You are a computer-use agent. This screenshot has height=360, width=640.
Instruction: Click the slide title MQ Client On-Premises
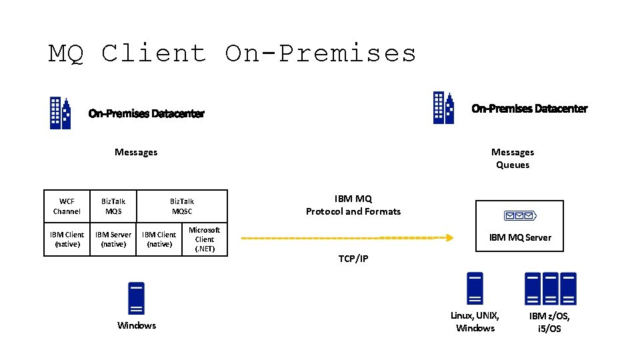pos(232,53)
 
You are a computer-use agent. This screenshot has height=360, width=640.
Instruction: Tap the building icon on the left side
pos(61,113)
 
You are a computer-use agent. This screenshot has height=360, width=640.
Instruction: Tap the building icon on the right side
pos(443,108)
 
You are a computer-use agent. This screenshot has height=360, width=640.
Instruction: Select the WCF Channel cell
pos(67,206)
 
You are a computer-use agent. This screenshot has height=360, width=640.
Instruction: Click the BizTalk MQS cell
pos(113,206)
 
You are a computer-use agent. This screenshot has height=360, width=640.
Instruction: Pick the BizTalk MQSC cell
pos(182,206)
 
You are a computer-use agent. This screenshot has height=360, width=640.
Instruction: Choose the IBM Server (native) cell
pos(113,239)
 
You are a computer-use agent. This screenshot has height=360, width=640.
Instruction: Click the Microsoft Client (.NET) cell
pos(204,239)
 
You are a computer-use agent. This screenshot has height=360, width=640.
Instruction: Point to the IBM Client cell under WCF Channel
pos(67,239)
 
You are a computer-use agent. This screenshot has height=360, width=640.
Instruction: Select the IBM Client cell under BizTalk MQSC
pos(159,239)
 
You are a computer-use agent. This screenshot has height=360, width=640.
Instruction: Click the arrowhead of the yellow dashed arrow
pos(450,237)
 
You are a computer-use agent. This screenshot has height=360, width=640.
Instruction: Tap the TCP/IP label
pos(353,259)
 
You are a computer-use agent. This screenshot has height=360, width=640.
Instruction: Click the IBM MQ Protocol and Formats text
pos(353,205)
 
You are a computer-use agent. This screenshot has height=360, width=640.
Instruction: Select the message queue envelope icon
pos(519,215)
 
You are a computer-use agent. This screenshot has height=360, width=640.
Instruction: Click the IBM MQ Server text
pos(520,237)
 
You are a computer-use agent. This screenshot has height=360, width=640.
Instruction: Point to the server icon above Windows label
pos(136,298)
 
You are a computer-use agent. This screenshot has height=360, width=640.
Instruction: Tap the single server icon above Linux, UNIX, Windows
pos(475,288)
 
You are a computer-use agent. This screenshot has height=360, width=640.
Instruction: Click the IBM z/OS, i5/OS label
pos(549,323)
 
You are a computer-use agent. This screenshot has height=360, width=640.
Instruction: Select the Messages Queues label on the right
pos(512,159)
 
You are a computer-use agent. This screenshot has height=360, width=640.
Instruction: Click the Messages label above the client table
pos(136,152)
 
